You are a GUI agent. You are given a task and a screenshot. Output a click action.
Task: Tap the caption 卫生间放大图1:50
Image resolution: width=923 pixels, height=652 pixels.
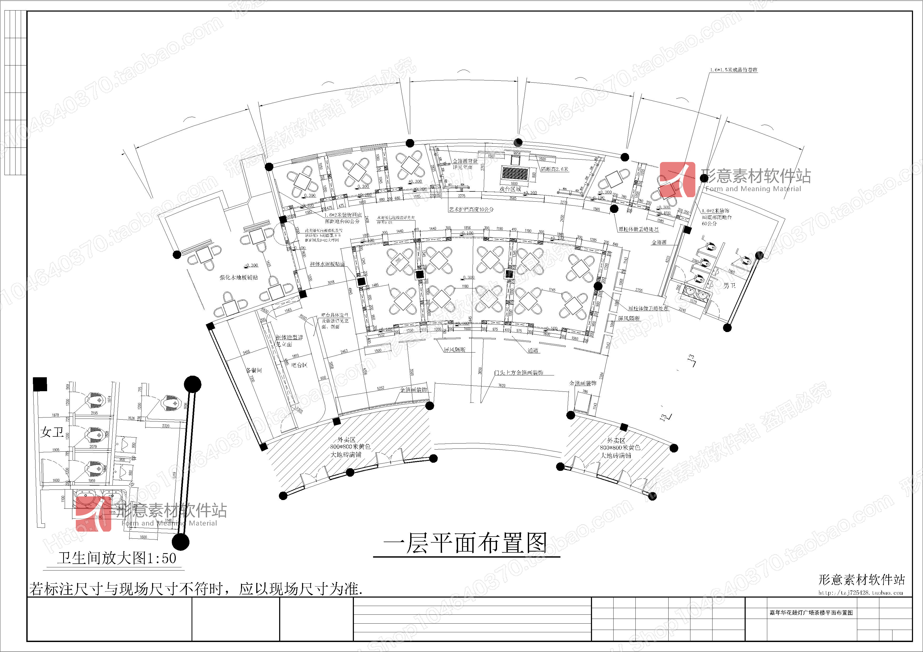point(117,558)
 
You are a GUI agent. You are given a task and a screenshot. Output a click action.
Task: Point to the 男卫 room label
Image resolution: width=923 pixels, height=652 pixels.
point(730,286)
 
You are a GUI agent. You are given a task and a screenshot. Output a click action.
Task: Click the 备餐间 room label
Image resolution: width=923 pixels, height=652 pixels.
point(254,370)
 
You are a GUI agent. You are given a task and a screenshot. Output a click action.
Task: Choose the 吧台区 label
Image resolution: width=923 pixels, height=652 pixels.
point(299,365)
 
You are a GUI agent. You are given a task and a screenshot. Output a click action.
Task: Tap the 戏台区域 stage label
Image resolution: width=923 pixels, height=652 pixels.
point(510,189)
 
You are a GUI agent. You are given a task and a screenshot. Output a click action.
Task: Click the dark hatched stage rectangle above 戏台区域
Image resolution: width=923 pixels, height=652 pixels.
point(515,174)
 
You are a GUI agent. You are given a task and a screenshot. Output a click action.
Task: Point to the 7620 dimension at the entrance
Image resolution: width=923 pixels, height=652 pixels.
point(502,385)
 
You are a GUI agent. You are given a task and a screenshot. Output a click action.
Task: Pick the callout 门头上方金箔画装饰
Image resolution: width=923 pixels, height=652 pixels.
point(519,373)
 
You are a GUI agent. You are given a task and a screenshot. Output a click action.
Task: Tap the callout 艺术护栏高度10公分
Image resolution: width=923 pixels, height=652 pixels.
point(471,209)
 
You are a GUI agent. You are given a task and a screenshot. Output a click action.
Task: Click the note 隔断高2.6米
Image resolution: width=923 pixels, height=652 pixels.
point(555,169)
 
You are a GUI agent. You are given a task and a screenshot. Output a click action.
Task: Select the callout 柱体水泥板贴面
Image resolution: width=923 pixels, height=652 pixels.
point(327,264)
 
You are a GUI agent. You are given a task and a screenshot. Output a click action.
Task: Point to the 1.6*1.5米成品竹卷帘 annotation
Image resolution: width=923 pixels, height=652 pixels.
point(734,70)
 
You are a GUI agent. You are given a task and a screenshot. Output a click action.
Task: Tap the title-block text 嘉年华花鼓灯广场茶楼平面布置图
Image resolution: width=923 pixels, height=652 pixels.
point(811,613)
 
